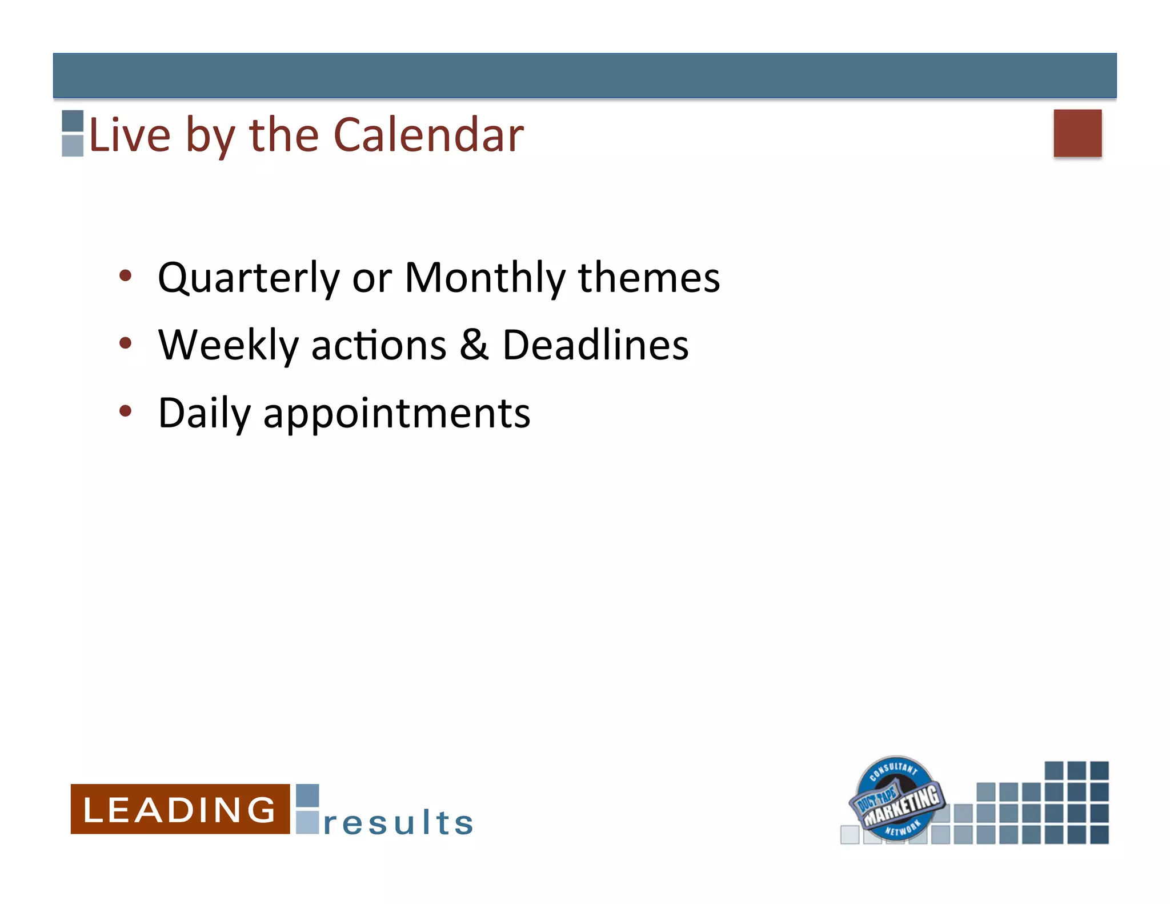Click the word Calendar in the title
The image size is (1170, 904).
click(428, 135)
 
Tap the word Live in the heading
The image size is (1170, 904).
click(130, 135)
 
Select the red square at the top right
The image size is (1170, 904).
click(1077, 133)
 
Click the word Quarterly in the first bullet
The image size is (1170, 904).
click(249, 278)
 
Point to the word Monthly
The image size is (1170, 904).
click(484, 278)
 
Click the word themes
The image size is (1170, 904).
click(648, 278)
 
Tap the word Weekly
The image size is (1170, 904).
click(228, 346)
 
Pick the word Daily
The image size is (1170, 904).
click(204, 413)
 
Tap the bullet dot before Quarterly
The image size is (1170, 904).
click(125, 277)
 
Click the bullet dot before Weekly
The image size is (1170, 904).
click(125, 344)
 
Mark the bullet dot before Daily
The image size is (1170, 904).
click(125, 411)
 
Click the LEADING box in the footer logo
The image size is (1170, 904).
click(180, 809)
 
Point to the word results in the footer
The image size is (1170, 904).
click(398, 823)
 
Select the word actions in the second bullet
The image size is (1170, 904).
click(378, 346)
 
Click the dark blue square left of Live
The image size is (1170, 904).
click(73, 121)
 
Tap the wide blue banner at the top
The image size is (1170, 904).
click(584, 75)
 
